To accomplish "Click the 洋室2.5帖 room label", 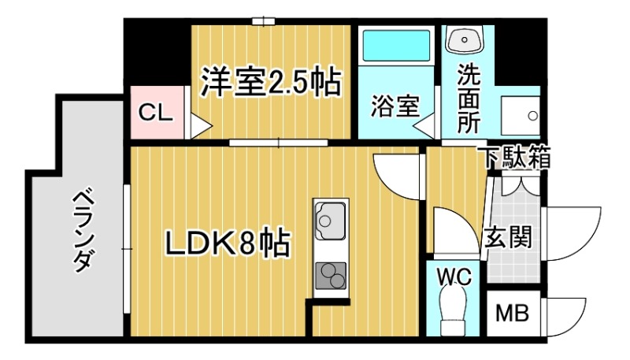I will click(270, 81).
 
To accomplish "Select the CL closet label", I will click(155, 113).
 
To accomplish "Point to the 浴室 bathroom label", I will click(395, 107).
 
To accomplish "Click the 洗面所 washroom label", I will click(469, 98).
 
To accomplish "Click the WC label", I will click(454, 276).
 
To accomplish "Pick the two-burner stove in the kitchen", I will click(331, 276).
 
